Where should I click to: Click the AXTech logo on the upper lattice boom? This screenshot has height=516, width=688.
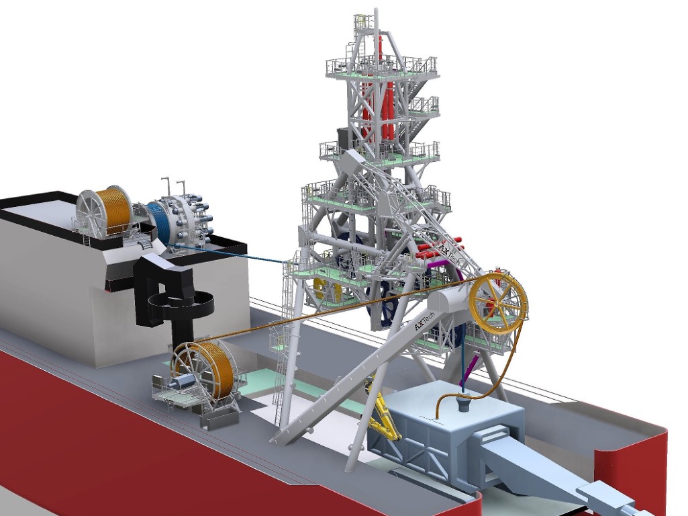tap(448, 253)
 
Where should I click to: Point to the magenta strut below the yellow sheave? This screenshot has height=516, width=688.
tap(470, 370)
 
